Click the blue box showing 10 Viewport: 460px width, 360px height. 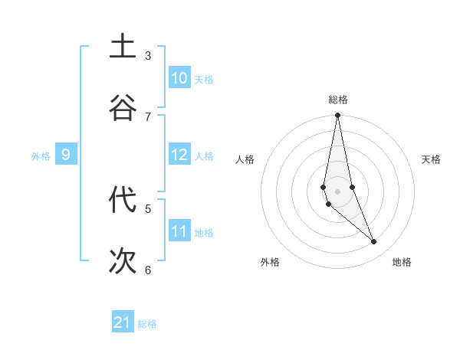click(179, 78)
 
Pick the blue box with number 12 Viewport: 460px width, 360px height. click(179, 155)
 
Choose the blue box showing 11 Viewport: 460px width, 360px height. click(179, 231)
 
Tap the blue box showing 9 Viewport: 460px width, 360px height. click(66, 155)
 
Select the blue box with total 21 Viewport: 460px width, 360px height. click(123, 322)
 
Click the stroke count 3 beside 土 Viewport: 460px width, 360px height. click(148, 55)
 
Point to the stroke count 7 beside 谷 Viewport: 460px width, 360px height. click(148, 116)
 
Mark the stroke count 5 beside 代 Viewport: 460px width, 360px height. click(148, 208)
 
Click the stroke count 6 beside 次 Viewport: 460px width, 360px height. click(148, 270)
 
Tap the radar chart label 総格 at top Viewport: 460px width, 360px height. click(338, 100)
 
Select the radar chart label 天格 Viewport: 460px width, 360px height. click(431, 159)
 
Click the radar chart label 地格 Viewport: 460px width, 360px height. click(402, 262)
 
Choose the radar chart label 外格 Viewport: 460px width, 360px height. click(270, 262)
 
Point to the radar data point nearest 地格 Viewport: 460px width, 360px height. click(374, 242)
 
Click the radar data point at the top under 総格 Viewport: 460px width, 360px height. click(337, 116)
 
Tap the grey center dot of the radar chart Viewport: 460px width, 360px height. click(337, 191)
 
